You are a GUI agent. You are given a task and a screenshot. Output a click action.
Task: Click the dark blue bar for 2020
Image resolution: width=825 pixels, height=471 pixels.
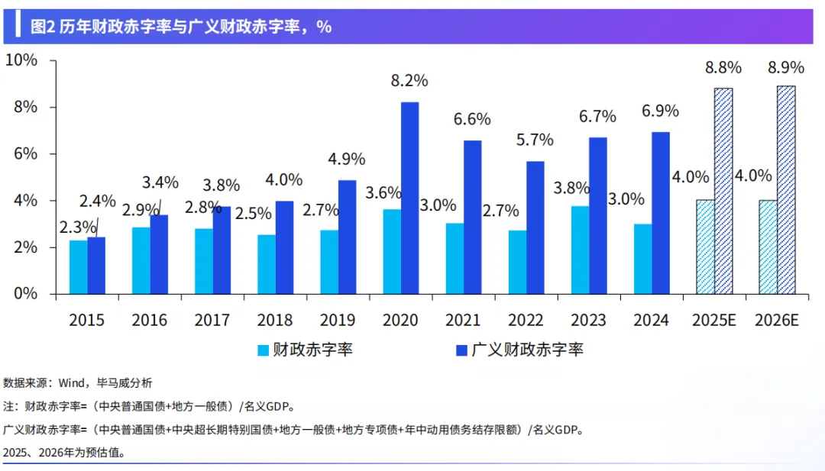pyautogui.click(x=409, y=198)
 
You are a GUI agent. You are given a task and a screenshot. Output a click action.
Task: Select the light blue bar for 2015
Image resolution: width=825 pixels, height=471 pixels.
pyautogui.click(x=78, y=267)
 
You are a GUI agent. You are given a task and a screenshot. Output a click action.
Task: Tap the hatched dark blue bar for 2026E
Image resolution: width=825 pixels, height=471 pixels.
pyautogui.click(x=786, y=190)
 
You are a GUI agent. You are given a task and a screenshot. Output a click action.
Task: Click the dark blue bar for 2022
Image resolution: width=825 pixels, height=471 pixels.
pyautogui.click(x=535, y=227)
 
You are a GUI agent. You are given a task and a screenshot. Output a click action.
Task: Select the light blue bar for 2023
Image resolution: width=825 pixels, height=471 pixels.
pyautogui.click(x=581, y=250)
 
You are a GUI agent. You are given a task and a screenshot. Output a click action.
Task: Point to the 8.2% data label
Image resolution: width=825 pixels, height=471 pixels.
pyautogui.click(x=410, y=80)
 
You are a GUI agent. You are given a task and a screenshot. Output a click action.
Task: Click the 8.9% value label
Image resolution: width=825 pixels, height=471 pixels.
pyautogui.click(x=786, y=67)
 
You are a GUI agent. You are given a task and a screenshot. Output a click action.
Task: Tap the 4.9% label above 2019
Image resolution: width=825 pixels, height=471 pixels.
pyautogui.click(x=346, y=160)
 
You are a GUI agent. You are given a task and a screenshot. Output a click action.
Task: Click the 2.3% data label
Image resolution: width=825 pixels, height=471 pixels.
pyautogui.click(x=79, y=227)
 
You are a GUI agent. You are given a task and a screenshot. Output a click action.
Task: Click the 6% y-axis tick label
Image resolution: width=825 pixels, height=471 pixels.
pyautogui.click(x=26, y=153)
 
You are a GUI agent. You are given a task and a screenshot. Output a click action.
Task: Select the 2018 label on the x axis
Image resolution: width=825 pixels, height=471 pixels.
pyautogui.click(x=274, y=320)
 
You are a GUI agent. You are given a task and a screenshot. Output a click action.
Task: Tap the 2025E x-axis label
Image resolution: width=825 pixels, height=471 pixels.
pyautogui.click(x=714, y=320)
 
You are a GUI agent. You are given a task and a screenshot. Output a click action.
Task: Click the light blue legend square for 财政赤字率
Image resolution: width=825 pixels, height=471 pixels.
pyautogui.click(x=263, y=350)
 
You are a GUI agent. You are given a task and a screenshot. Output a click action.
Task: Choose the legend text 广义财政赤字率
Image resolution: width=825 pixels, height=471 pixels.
pyautogui.click(x=527, y=350)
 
